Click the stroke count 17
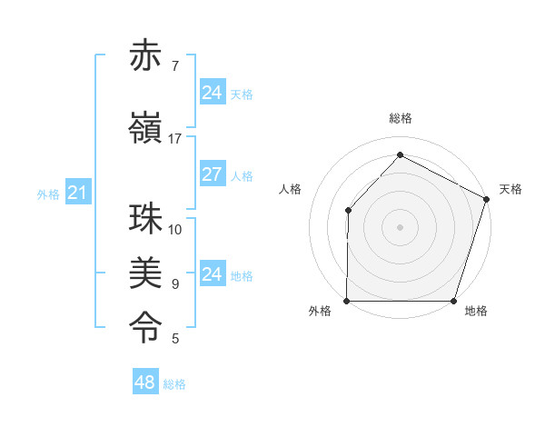(x=175, y=139)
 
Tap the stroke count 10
(x=175, y=230)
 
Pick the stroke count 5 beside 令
(x=175, y=339)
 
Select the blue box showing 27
(x=212, y=174)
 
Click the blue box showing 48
(x=144, y=382)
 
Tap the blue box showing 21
(x=77, y=193)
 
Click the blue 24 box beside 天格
(x=212, y=93)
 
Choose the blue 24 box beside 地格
(x=212, y=274)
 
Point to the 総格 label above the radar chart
(x=400, y=119)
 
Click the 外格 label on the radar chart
(x=320, y=312)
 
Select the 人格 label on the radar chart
(x=291, y=190)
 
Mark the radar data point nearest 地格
(x=453, y=301)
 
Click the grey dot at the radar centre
(x=400, y=227)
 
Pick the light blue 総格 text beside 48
(x=174, y=384)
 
